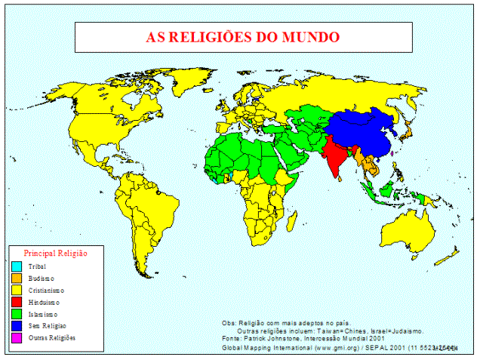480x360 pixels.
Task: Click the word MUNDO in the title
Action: [x=309, y=36]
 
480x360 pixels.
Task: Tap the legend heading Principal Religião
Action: [x=56, y=254]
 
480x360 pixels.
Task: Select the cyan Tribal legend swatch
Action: [x=16, y=266]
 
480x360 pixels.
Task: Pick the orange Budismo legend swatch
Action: [x=16, y=278]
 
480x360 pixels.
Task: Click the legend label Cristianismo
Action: [x=46, y=290]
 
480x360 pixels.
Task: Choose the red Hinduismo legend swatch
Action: [x=16, y=302]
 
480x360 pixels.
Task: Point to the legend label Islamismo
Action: [x=43, y=314]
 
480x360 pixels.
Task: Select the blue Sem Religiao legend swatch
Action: [x=16, y=325]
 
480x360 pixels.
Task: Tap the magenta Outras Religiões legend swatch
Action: [x=16, y=337]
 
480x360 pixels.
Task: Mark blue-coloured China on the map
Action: [x=362, y=128]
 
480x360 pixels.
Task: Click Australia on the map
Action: [x=408, y=226]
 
